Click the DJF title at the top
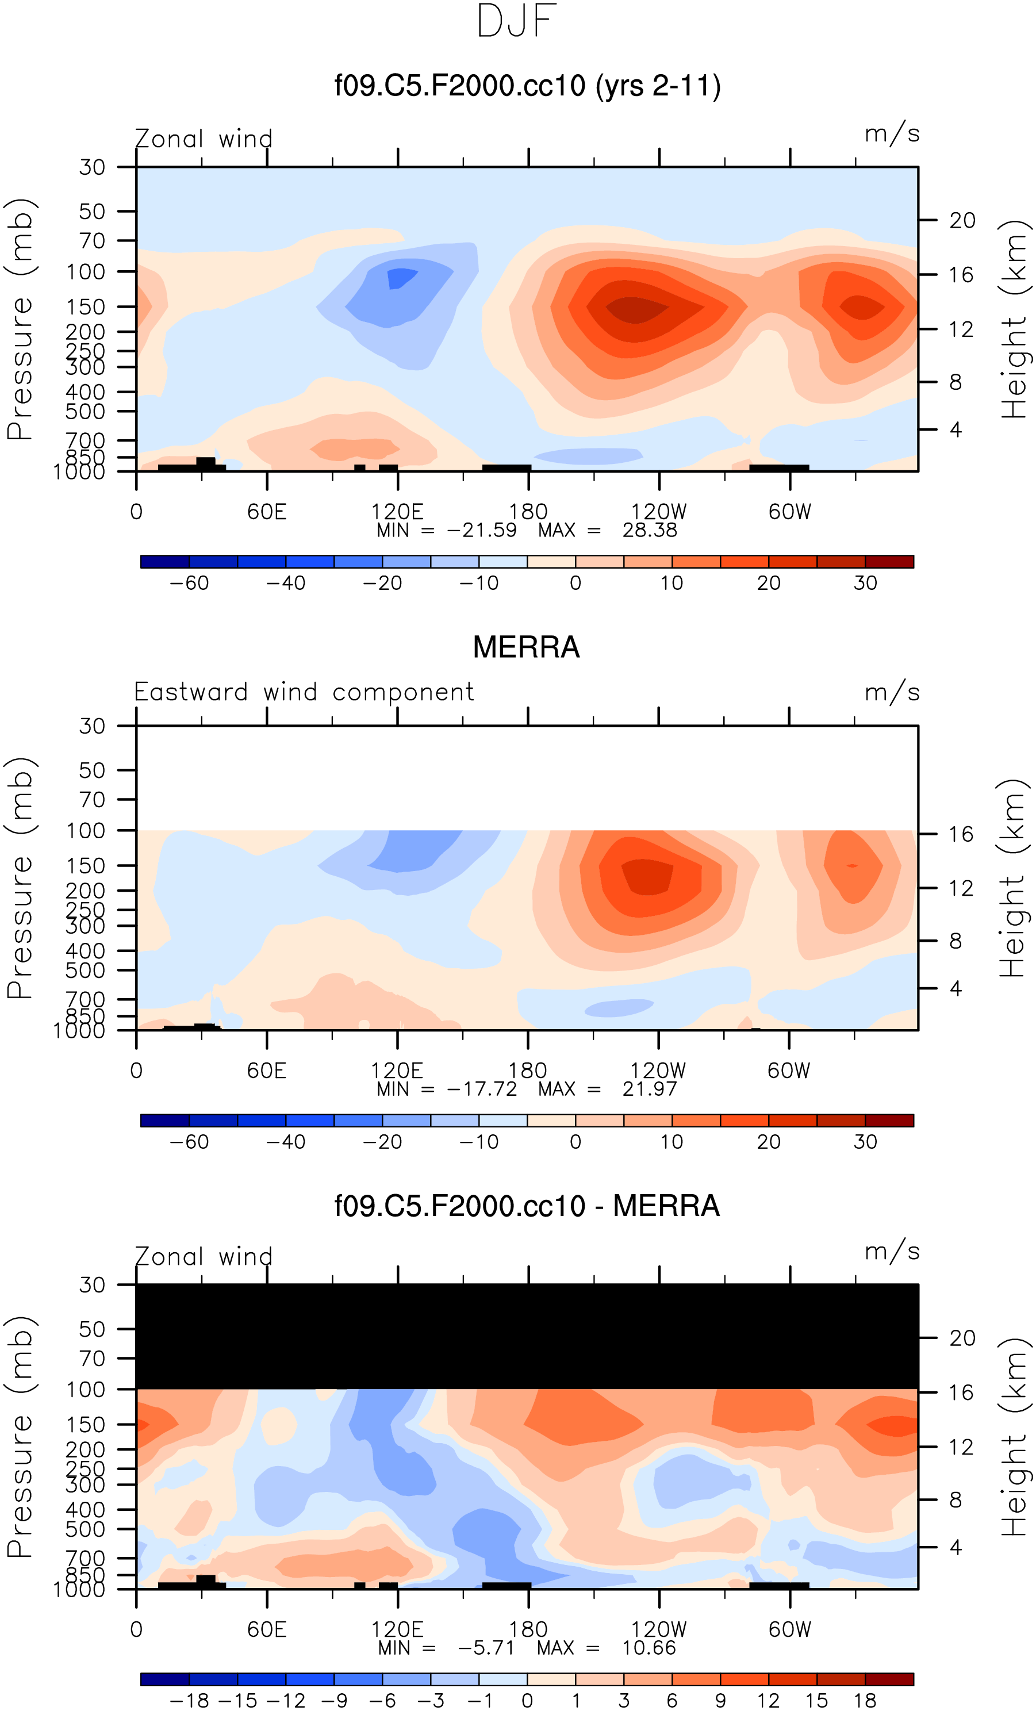click(x=517, y=21)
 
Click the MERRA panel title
click(x=525, y=647)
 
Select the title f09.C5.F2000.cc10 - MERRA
click(x=526, y=1206)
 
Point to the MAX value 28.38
click(x=649, y=530)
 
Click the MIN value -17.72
click(x=482, y=1089)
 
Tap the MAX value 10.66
click(x=649, y=1648)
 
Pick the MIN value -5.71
click(x=485, y=1648)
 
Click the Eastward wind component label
click(x=304, y=692)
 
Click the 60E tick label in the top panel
click(x=267, y=512)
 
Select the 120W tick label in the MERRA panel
click(x=658, y=1071)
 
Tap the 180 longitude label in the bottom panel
click(x=528, y=1629)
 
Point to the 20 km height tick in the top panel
click(x=962, y=220)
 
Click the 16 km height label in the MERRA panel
click(x=961, y=834)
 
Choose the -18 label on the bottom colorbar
click(x=189, y=1701)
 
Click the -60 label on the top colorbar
click(x=189, y=584)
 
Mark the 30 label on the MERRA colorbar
click(x=865, y=1142)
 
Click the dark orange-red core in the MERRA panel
click(x=647, y=876)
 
